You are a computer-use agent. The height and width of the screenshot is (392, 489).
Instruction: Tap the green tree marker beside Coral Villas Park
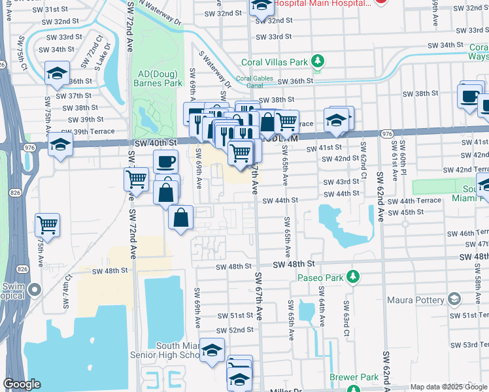(x=318, y=61)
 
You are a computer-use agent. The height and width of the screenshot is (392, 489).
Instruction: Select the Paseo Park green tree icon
(x=354, y=277)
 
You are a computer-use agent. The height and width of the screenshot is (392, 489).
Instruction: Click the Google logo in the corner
(x=22, y=384)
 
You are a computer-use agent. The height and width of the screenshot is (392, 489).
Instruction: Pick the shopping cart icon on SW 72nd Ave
(x=136, y=178)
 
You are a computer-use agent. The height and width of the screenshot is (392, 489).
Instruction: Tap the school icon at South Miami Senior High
(x=212, y=351)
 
